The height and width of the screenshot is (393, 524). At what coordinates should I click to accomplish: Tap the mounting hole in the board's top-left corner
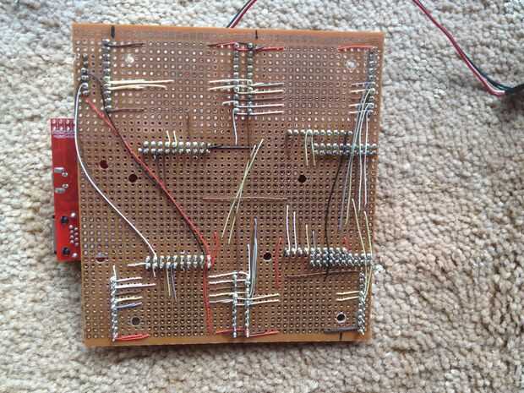pyautogui.click(x=132, y=60)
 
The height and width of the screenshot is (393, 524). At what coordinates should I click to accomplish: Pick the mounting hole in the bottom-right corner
pyautogui.click(x=340, y=318)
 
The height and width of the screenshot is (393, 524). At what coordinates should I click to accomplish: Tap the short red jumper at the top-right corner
pyautogui.click(x=352, y=48)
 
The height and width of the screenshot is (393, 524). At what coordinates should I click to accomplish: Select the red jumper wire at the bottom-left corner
pyautogui.click(x=131, y=337)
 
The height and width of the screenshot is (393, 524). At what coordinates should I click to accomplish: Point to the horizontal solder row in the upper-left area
pyautogui.click(x=173, y=148)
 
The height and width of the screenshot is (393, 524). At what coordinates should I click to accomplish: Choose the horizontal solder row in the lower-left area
pyautogui.click(x=177, y=262)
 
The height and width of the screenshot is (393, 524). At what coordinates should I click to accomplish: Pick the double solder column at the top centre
pyautogui.click(x=245, y=80)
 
